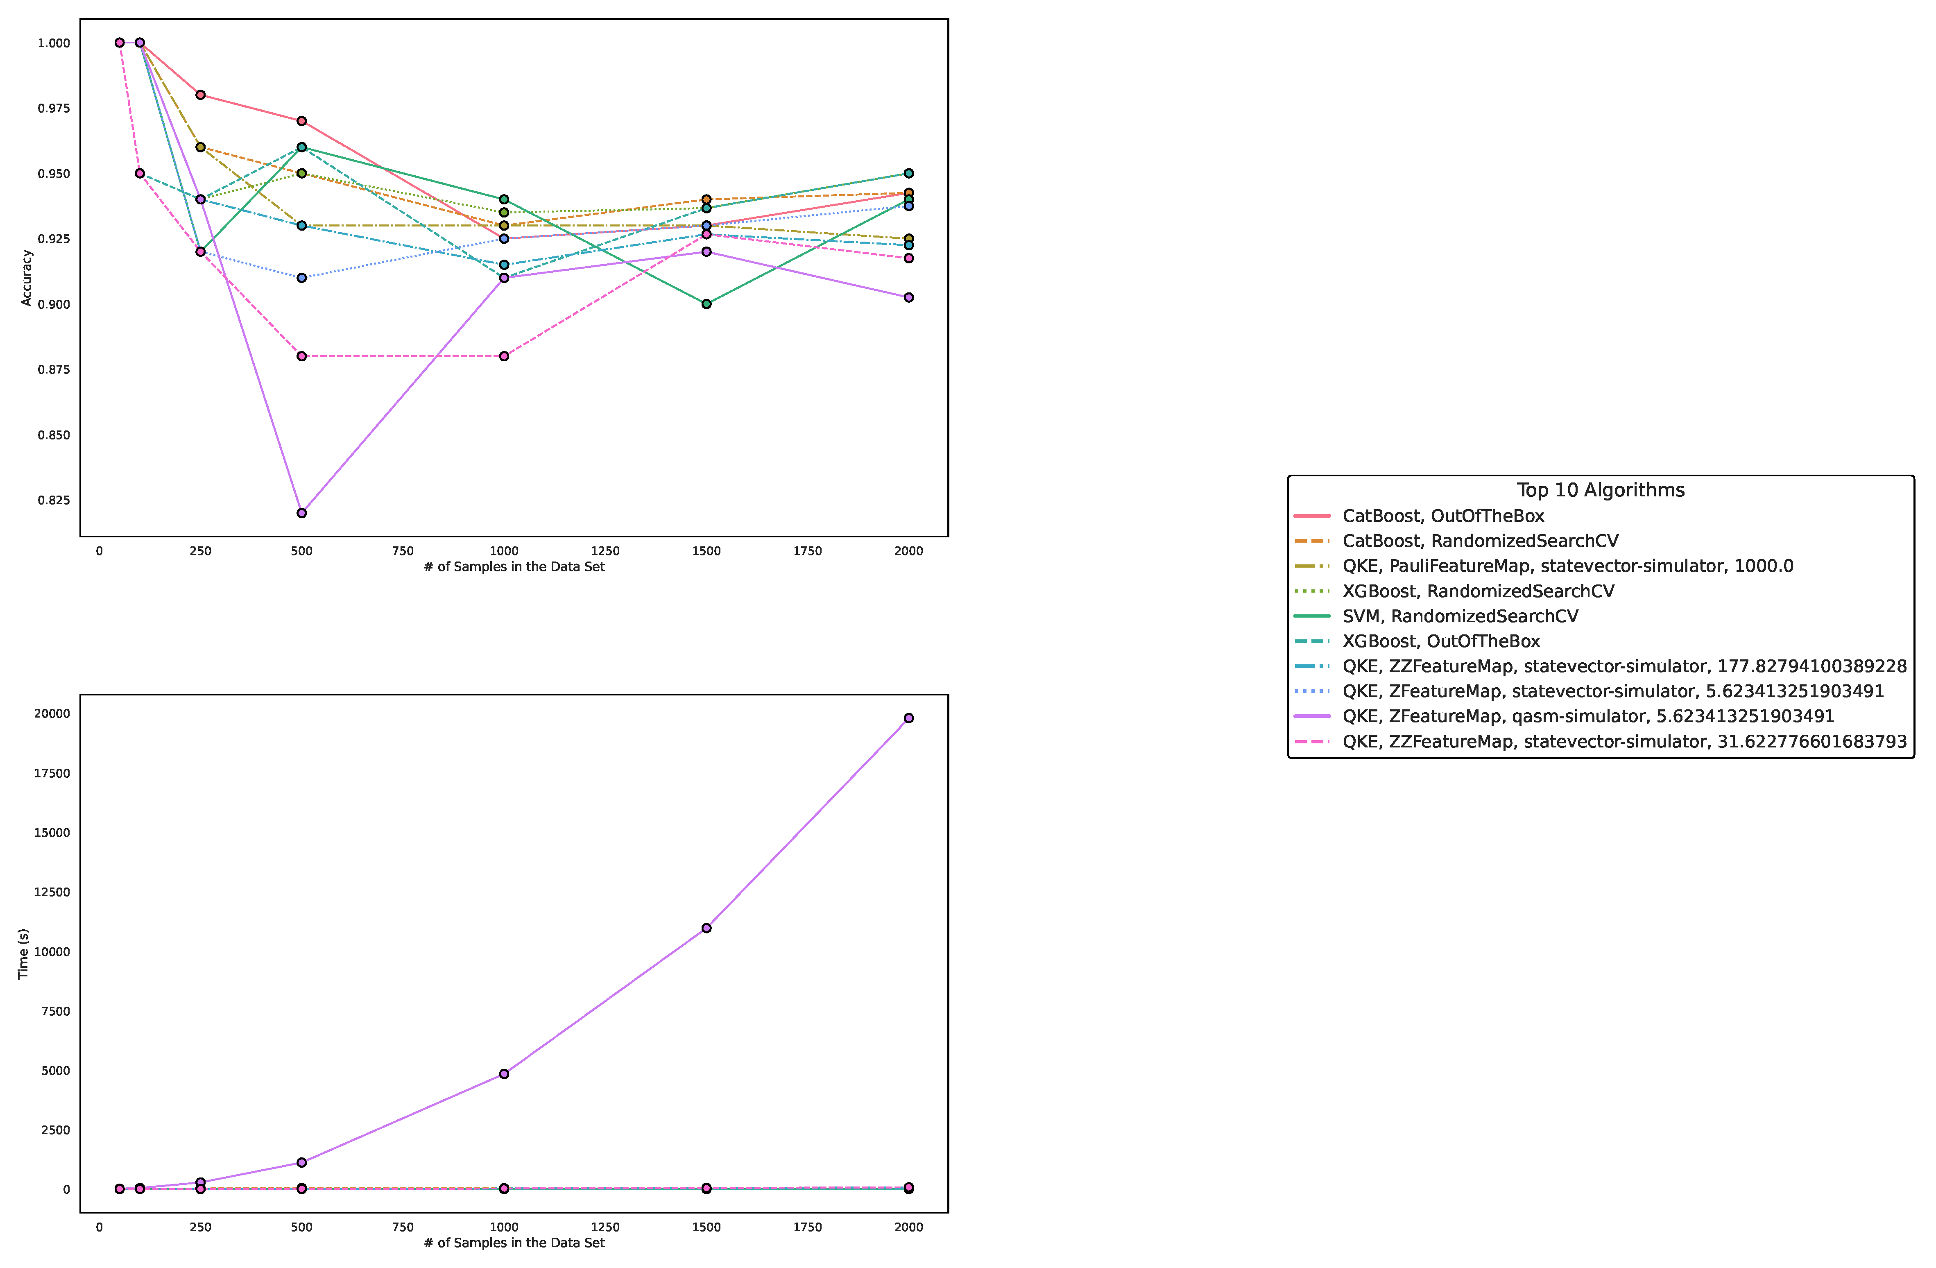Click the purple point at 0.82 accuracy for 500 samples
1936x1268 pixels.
tap(302, 513)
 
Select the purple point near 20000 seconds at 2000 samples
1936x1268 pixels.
tap(909, 718)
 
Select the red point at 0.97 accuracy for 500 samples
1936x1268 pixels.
tap(302, 121)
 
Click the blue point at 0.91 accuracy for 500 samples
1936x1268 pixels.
tap(302, 278)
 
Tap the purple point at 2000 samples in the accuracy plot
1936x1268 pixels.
tap(909, 298)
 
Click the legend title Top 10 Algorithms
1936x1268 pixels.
tap(1600, 490)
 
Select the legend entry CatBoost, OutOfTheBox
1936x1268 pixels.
tap(1442, 516)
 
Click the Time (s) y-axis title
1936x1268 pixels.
tap(24, 953)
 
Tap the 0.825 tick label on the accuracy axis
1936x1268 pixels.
tap(54, 500)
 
